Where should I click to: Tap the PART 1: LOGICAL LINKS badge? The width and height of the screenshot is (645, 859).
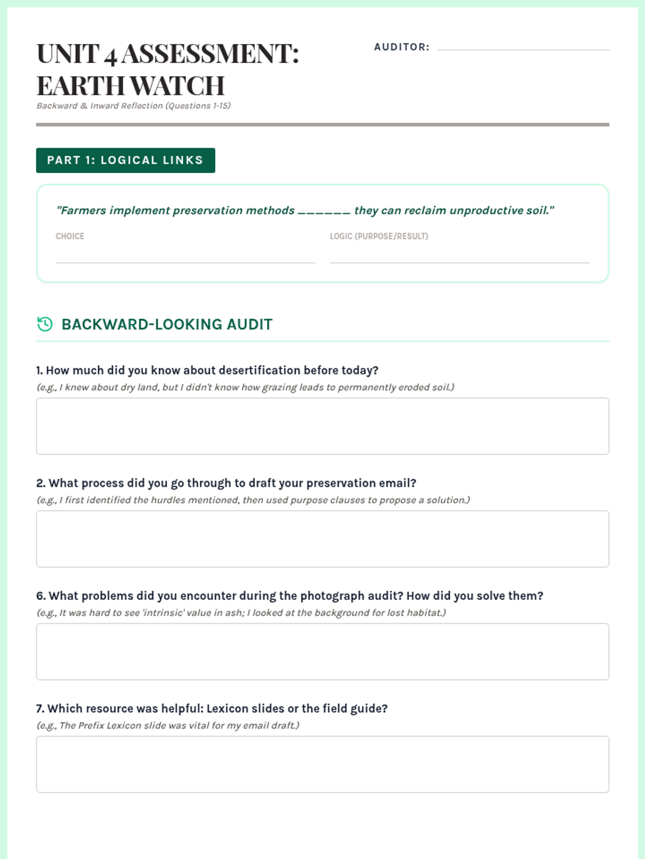click(125, 161)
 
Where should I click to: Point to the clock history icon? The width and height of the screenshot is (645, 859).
click(45, 324)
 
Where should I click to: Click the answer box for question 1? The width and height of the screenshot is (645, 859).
click(322, 426)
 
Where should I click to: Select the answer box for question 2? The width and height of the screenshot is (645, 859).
click(322, 539)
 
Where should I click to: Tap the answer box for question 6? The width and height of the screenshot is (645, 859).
click(322, 652)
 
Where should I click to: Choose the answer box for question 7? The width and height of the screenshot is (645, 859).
click(322, 765)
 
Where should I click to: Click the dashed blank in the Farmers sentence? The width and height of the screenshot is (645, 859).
click(324, 211)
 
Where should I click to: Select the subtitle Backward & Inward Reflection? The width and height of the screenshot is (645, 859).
click(133, 106)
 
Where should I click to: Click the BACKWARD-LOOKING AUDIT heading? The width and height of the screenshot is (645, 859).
click(167, 324)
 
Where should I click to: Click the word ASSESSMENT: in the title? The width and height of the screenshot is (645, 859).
click(210, 54)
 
